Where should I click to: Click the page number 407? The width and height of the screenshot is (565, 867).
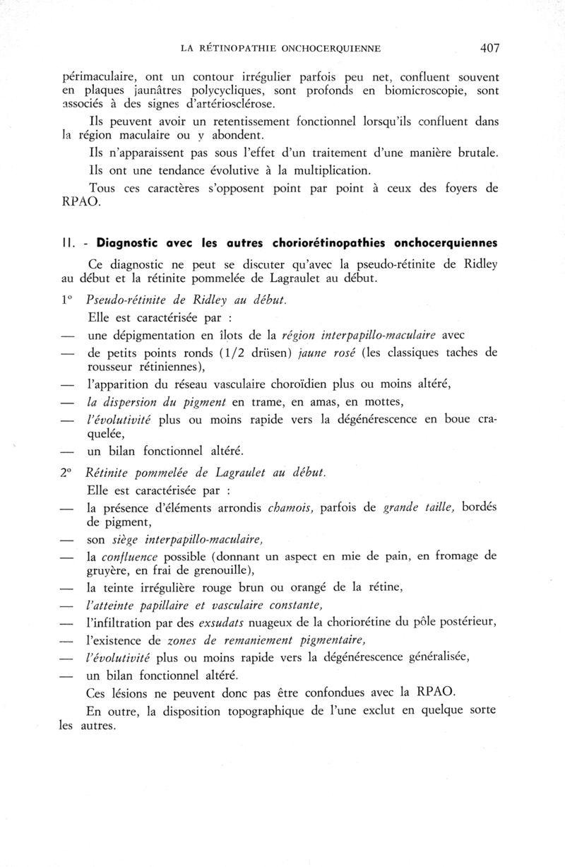click(489, 48)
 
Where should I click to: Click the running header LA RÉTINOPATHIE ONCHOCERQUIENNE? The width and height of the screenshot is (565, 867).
click(281, 49)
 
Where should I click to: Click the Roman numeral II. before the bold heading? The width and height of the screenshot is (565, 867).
click(69, 243)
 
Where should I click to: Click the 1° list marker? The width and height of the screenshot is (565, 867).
click(67, 300)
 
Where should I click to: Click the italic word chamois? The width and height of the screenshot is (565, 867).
click(290, 507)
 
